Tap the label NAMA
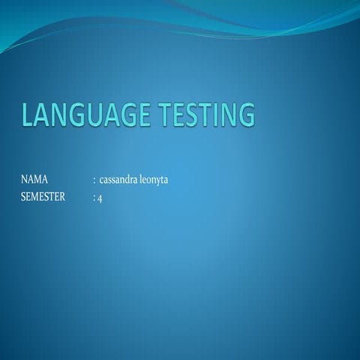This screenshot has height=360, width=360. (34, 180)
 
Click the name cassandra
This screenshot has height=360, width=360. (118, 180)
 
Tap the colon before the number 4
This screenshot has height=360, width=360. (94, 199)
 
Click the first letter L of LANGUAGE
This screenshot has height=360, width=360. (28, 115)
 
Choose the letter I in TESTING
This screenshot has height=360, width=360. (214, 115)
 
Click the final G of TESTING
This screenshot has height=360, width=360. (245, 115)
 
